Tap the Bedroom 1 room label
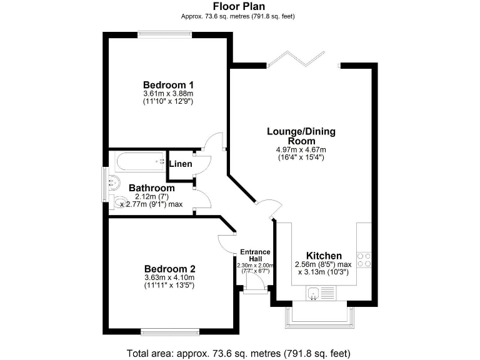pyautogui.click(x=168, y=85)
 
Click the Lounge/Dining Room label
pyautogui.click(x=301, y=136)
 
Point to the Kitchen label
pyautogui.click(x=323, y=256)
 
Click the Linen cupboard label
pyautogui.click(x=181, y=164)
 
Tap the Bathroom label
pyautogui.click(x=151, y=188)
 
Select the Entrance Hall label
pyautogui.click(x=255, y=256)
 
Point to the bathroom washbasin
pyautogui.click(x=113, y=183)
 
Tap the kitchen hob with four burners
pyautogui.click(x=364, y=259)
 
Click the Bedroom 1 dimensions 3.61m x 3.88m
pyautogui.click(x=168, y=94)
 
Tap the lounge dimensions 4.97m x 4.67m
pyautogui.click(x=301, y=150)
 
